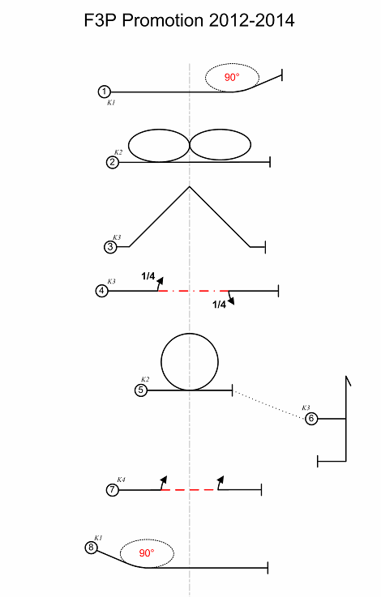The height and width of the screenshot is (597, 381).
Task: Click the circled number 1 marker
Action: pyautogui.click(x=104, y=92)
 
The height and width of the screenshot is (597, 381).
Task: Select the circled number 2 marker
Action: pyautogui.click(x=113, y=162)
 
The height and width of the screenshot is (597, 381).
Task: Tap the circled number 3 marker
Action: pyautogui.click(x=110, y=247)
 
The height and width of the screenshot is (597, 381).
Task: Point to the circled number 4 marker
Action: pyautogui.click(x=101, y=291)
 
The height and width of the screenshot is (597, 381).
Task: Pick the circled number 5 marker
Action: pyautogui.click(x=141, y=390)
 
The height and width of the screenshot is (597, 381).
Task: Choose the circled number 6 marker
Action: pyautogui.click(x=311, y=419)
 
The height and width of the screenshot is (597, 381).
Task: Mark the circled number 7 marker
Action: pyautogui.click(x=113, y=489)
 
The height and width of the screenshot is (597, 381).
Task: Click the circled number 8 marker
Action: pyautogui.click(x=91, y=548)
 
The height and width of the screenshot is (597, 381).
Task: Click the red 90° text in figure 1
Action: pyautogui.click(x=232, y=77)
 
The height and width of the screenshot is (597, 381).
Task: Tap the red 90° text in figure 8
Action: pyautogui.click(x=147, y=552)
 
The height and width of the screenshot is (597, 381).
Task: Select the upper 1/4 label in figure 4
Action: pyautogui.click(x=148, y=276)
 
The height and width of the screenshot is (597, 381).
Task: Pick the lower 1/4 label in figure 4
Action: pyautogui.click(x=219, y=305)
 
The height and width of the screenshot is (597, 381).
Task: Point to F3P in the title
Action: pyautogui.click(x=101, y=20)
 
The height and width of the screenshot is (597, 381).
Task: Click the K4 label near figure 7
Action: pyautogui.click(x=121, y=480)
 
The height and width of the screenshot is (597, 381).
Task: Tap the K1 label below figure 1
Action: pyautogui.click(x=111, y=103)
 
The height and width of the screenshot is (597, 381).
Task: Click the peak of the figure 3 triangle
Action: pyautogui.click(x=190, y=186)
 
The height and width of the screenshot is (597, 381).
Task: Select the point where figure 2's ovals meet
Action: pyautogui.click(x=190, y=144)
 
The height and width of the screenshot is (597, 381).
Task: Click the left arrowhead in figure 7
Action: pyautogui.click(x=165, y=479)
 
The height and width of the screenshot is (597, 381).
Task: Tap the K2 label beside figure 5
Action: pyautogui.click(x=145, y=380)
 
